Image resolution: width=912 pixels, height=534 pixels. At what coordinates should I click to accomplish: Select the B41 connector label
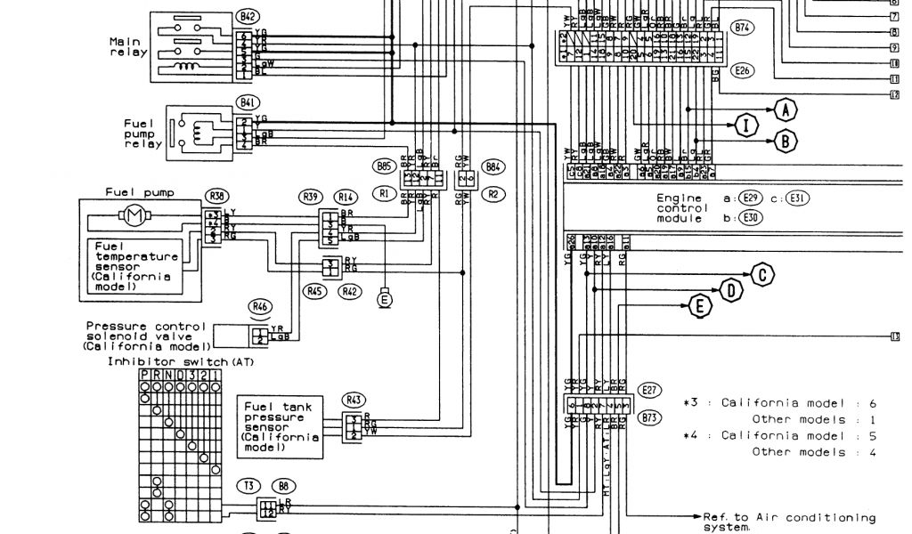(x=246, y=102)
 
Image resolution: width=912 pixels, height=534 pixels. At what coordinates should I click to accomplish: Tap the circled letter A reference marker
(x=784, y=110)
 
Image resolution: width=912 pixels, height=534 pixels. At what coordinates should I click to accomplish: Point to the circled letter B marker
(x=785, y=141)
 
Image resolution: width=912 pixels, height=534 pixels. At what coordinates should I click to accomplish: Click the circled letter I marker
(x=745, y=125)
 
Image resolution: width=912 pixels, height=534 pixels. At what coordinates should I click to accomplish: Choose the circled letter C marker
(x=762, y=274)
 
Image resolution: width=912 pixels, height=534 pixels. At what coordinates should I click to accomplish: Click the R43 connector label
(x=354, y=400)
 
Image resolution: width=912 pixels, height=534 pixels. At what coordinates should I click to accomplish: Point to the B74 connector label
(x=742, y=28)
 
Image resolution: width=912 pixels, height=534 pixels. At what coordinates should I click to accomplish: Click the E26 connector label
(x=741, y=69)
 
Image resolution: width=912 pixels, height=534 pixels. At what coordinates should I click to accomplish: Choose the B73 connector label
(x=649, y=416)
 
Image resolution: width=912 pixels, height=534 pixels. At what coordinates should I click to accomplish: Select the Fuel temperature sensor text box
(x=132, y=262)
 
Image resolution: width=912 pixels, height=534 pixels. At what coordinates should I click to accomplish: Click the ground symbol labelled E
(x=385, y=300)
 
